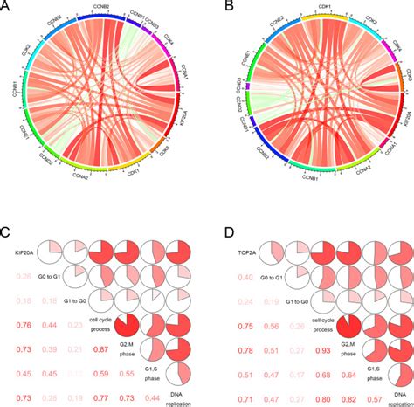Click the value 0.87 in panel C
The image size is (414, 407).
100,350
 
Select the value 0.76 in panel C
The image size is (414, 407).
24,326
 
